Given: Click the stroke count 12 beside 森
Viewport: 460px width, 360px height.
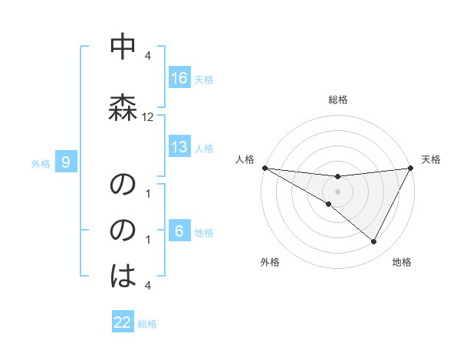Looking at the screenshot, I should pyautogui.click(x=148, y=117).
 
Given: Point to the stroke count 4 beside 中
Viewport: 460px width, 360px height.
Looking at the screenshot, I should pyautogui.click(x=148, y=56).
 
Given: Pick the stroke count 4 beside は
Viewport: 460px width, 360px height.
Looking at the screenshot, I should pyautogui.click(x=148, y=286).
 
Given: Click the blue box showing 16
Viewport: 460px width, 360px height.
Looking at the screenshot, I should pyautogui.click(x=179, y=78).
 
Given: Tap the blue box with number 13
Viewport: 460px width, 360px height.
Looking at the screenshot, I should pyautogui.click(x=179, y=147).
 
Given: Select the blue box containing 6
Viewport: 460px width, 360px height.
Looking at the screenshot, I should pyautogui.click(x=179, y=231).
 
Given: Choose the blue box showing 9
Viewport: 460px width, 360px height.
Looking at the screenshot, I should pyautogui.click(x=67, y=162).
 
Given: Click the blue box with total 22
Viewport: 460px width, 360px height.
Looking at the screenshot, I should pyautogui.click(x=123, y=323).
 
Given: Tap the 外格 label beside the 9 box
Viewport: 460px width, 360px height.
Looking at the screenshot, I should pyautogui.click(x=40, y=163).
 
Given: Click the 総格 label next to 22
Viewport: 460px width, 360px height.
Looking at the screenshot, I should pyautogui.click(x=148, y=324).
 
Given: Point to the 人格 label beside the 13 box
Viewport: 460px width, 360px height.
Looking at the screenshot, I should pyautogui.click(x=204, y=148).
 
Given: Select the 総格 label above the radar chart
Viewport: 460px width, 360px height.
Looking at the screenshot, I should pyautogui.click(x=338, y=100).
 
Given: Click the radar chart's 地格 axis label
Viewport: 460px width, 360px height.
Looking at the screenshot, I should pyautogui.click(x=402, y=262).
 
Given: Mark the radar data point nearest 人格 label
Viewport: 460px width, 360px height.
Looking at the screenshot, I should pyautogui.click(x=265, y=167).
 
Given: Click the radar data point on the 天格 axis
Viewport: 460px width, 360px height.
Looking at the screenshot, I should pyautogui.click(x=411, y=168).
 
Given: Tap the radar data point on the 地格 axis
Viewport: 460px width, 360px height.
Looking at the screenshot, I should pyautogui.click(x=374, y=242).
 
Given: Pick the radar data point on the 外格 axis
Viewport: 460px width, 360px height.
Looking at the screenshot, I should pyautogui.click(x=328, y=205).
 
